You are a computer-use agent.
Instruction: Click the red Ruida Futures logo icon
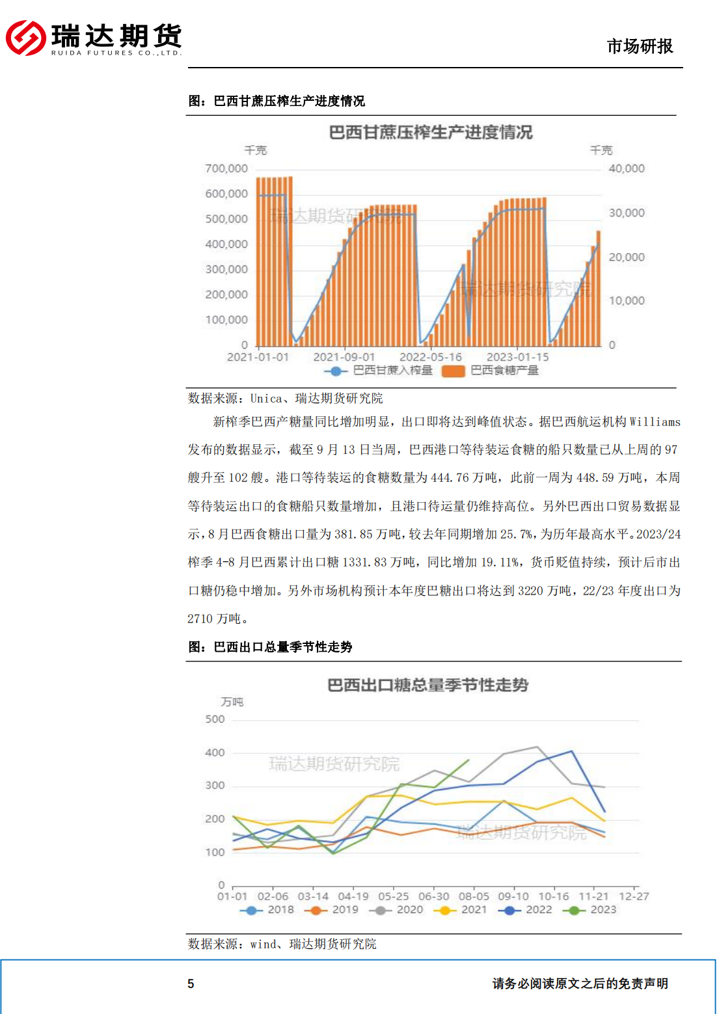click(x=25, y=38)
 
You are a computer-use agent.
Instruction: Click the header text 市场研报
click(x=640, y=46)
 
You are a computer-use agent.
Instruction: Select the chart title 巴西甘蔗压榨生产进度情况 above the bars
click(x=430, y=133)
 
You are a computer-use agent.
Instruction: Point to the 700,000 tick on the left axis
click(x=226, y=168)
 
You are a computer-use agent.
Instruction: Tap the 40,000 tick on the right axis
click(x=627, y=168)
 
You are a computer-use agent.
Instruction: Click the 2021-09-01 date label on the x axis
click(x=344, y=357)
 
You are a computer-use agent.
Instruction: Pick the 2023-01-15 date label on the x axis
click(x=517, y=357)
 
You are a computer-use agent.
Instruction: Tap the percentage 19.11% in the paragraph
click(x=500, y=563)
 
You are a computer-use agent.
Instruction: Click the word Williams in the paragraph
click(x=655, y=422)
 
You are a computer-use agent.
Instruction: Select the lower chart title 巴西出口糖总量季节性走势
click(x=427, y=685)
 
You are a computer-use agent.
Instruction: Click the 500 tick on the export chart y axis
click(x=215, y=719)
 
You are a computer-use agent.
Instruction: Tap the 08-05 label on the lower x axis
click(x=474, y=896)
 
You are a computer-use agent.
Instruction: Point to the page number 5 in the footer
click(x=191, y=983)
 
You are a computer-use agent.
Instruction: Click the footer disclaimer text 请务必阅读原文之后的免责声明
click(x=580, y=983)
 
